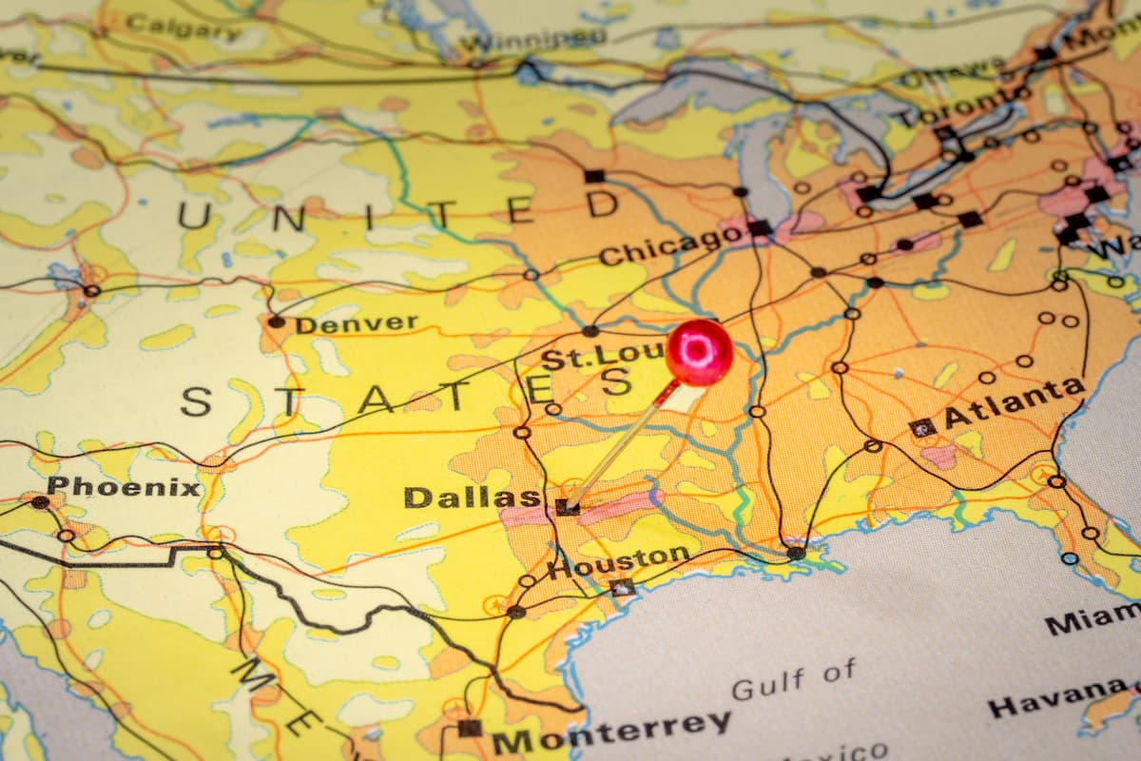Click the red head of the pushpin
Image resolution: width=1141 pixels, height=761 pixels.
pyautogui.click(x=699, y=352)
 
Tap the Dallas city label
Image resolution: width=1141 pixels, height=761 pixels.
pyautogui.click(x=472, y=497)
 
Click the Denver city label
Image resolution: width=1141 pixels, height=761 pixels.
pyautogui.click(x=356, y=323)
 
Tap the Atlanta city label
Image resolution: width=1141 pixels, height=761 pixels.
pyautogui.click(x=1014, y=403)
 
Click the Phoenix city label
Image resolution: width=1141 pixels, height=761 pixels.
pyautogui.click(x=124, y=488)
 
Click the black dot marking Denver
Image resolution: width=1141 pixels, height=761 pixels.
pyautogui.click(x=276, y=322)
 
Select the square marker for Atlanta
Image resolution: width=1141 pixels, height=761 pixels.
pyautogui.click(x=921, y=428)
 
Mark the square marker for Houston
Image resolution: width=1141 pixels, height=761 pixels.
pyautogui.click(x=623, y=587)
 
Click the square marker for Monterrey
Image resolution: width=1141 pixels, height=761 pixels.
pyautogui.click(x=470, y=728)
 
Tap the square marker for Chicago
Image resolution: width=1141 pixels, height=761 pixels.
pyautogui.click(x=759, y=227)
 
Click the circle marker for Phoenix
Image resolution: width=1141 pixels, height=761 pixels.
pyautogui.click(x=40, y=502)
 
